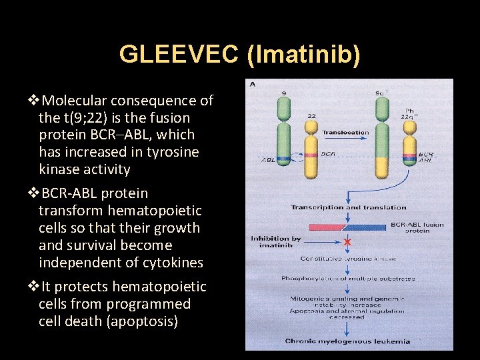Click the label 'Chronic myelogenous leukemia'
[347, 341]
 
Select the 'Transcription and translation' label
[348, 208]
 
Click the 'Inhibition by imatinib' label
[275, 241]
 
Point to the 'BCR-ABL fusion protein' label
[417, 227]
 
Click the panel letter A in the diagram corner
[253, 85]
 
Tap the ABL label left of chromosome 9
[268, 160]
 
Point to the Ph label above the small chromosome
[410, 111]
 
